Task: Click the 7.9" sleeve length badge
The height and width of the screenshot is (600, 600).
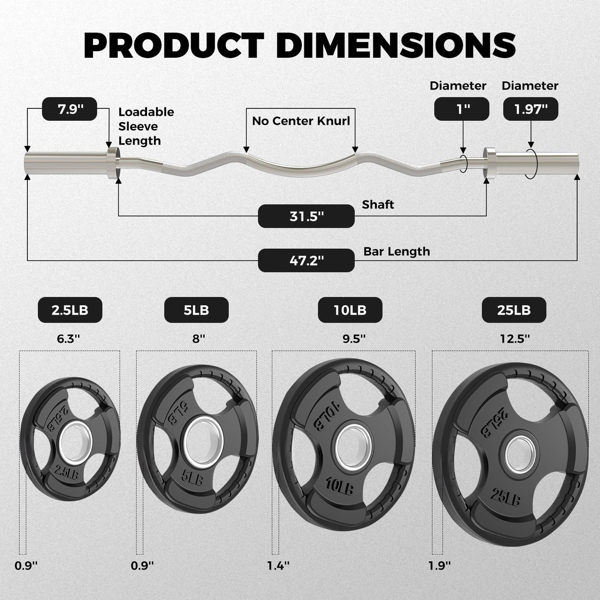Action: click(x=69, y=109)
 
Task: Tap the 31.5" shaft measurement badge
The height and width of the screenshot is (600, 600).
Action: click(x=306, y=216)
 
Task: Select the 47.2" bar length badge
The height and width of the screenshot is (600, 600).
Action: click(x=306, y=260)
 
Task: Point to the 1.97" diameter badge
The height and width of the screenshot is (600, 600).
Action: click(x=531, y=109)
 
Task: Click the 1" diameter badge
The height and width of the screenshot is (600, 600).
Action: click(x=462, y=109)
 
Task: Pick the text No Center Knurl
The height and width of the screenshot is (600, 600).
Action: click(x=301, y=121)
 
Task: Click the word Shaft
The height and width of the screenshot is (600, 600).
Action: click(x=378, y=205)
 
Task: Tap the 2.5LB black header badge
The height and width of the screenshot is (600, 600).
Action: click(x=70, y=310)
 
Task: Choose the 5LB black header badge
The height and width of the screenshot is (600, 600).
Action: click(x=196, y=310)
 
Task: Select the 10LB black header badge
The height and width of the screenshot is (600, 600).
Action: click(x=350, y=310)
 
